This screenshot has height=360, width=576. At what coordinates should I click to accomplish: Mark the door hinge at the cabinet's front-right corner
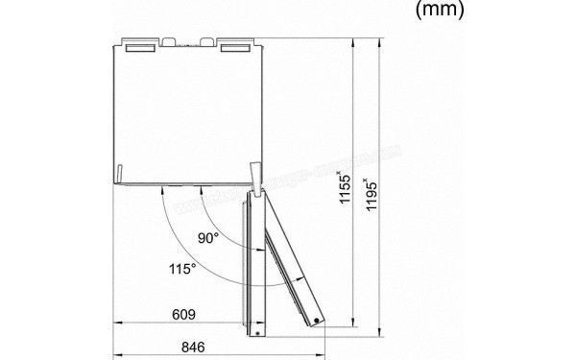click(253, 177)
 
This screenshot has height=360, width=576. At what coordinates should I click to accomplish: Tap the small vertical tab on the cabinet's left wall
click(117, 174)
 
